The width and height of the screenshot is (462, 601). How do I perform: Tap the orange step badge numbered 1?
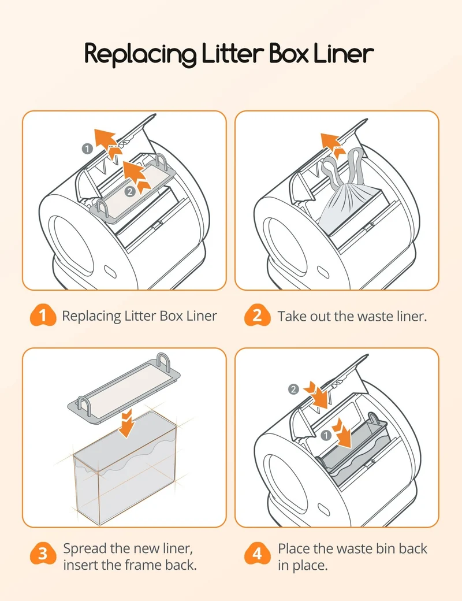tap(43, 316)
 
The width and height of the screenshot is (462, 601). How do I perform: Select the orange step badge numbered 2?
tap(257, 316)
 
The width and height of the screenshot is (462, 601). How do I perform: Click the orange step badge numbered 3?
tap(43, 554)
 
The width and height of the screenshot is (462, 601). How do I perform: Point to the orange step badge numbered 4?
tap(257, 554)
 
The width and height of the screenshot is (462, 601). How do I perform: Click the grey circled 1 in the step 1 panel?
tap(87, 149)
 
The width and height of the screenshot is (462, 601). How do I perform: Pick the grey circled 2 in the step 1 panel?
tap(131, 192)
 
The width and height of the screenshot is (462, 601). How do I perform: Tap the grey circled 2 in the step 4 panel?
tap(293, 389)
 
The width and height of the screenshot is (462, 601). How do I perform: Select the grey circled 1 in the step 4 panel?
tap(326, 435)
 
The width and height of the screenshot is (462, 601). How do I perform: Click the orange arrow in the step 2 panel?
tap(331, 145)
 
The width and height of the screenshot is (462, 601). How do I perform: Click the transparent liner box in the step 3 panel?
tap(125, 467)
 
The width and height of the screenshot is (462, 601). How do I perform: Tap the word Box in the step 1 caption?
tap(172, 316)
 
